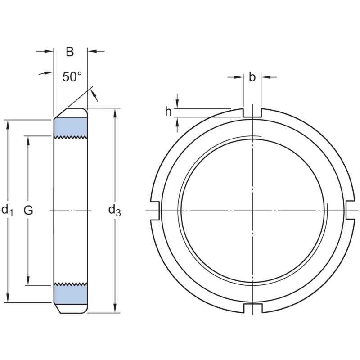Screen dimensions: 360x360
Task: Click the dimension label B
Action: [70, 52]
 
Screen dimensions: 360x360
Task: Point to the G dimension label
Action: [28, 210]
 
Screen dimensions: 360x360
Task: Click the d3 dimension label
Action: [115, 210]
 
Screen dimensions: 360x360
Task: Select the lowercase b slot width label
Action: [252, 77]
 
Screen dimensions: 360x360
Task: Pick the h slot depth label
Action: [168, 112]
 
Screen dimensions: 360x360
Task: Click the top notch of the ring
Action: [252, 113]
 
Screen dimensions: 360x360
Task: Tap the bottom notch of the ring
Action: [252, 308]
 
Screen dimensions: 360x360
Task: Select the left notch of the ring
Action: [154, 210]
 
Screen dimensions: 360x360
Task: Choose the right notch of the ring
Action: [350, 210]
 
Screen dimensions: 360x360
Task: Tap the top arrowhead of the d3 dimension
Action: [116, 112]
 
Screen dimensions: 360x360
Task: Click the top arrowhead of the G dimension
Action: [28, 140]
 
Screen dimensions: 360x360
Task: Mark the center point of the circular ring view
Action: [252, 210]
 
